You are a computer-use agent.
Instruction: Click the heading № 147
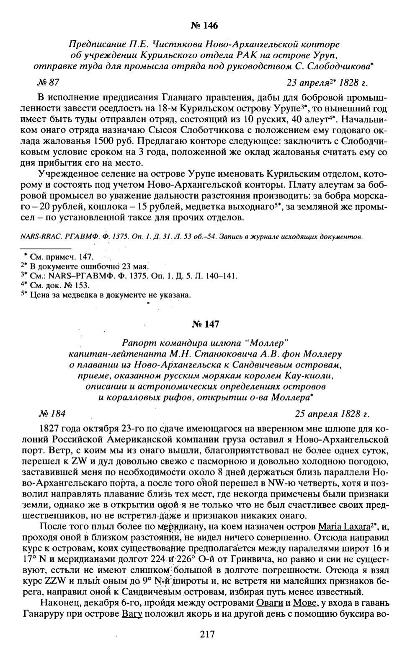coord(204,324)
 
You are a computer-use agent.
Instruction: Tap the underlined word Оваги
coord(268,603)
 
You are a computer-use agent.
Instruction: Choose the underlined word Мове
coord(304,603)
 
